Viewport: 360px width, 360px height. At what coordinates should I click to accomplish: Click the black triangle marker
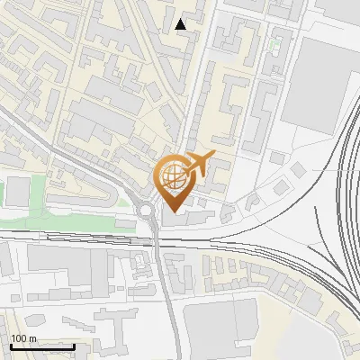click(182, 24)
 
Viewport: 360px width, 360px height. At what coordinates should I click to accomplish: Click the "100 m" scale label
click(23, 338)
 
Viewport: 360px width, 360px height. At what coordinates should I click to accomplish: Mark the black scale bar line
click(41, 346)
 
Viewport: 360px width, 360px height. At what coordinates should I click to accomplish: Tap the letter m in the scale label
click(32, 338)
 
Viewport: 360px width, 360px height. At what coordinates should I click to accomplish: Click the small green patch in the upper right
click(275, 43)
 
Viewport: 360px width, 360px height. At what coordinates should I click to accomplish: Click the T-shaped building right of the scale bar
click(112, 324)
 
